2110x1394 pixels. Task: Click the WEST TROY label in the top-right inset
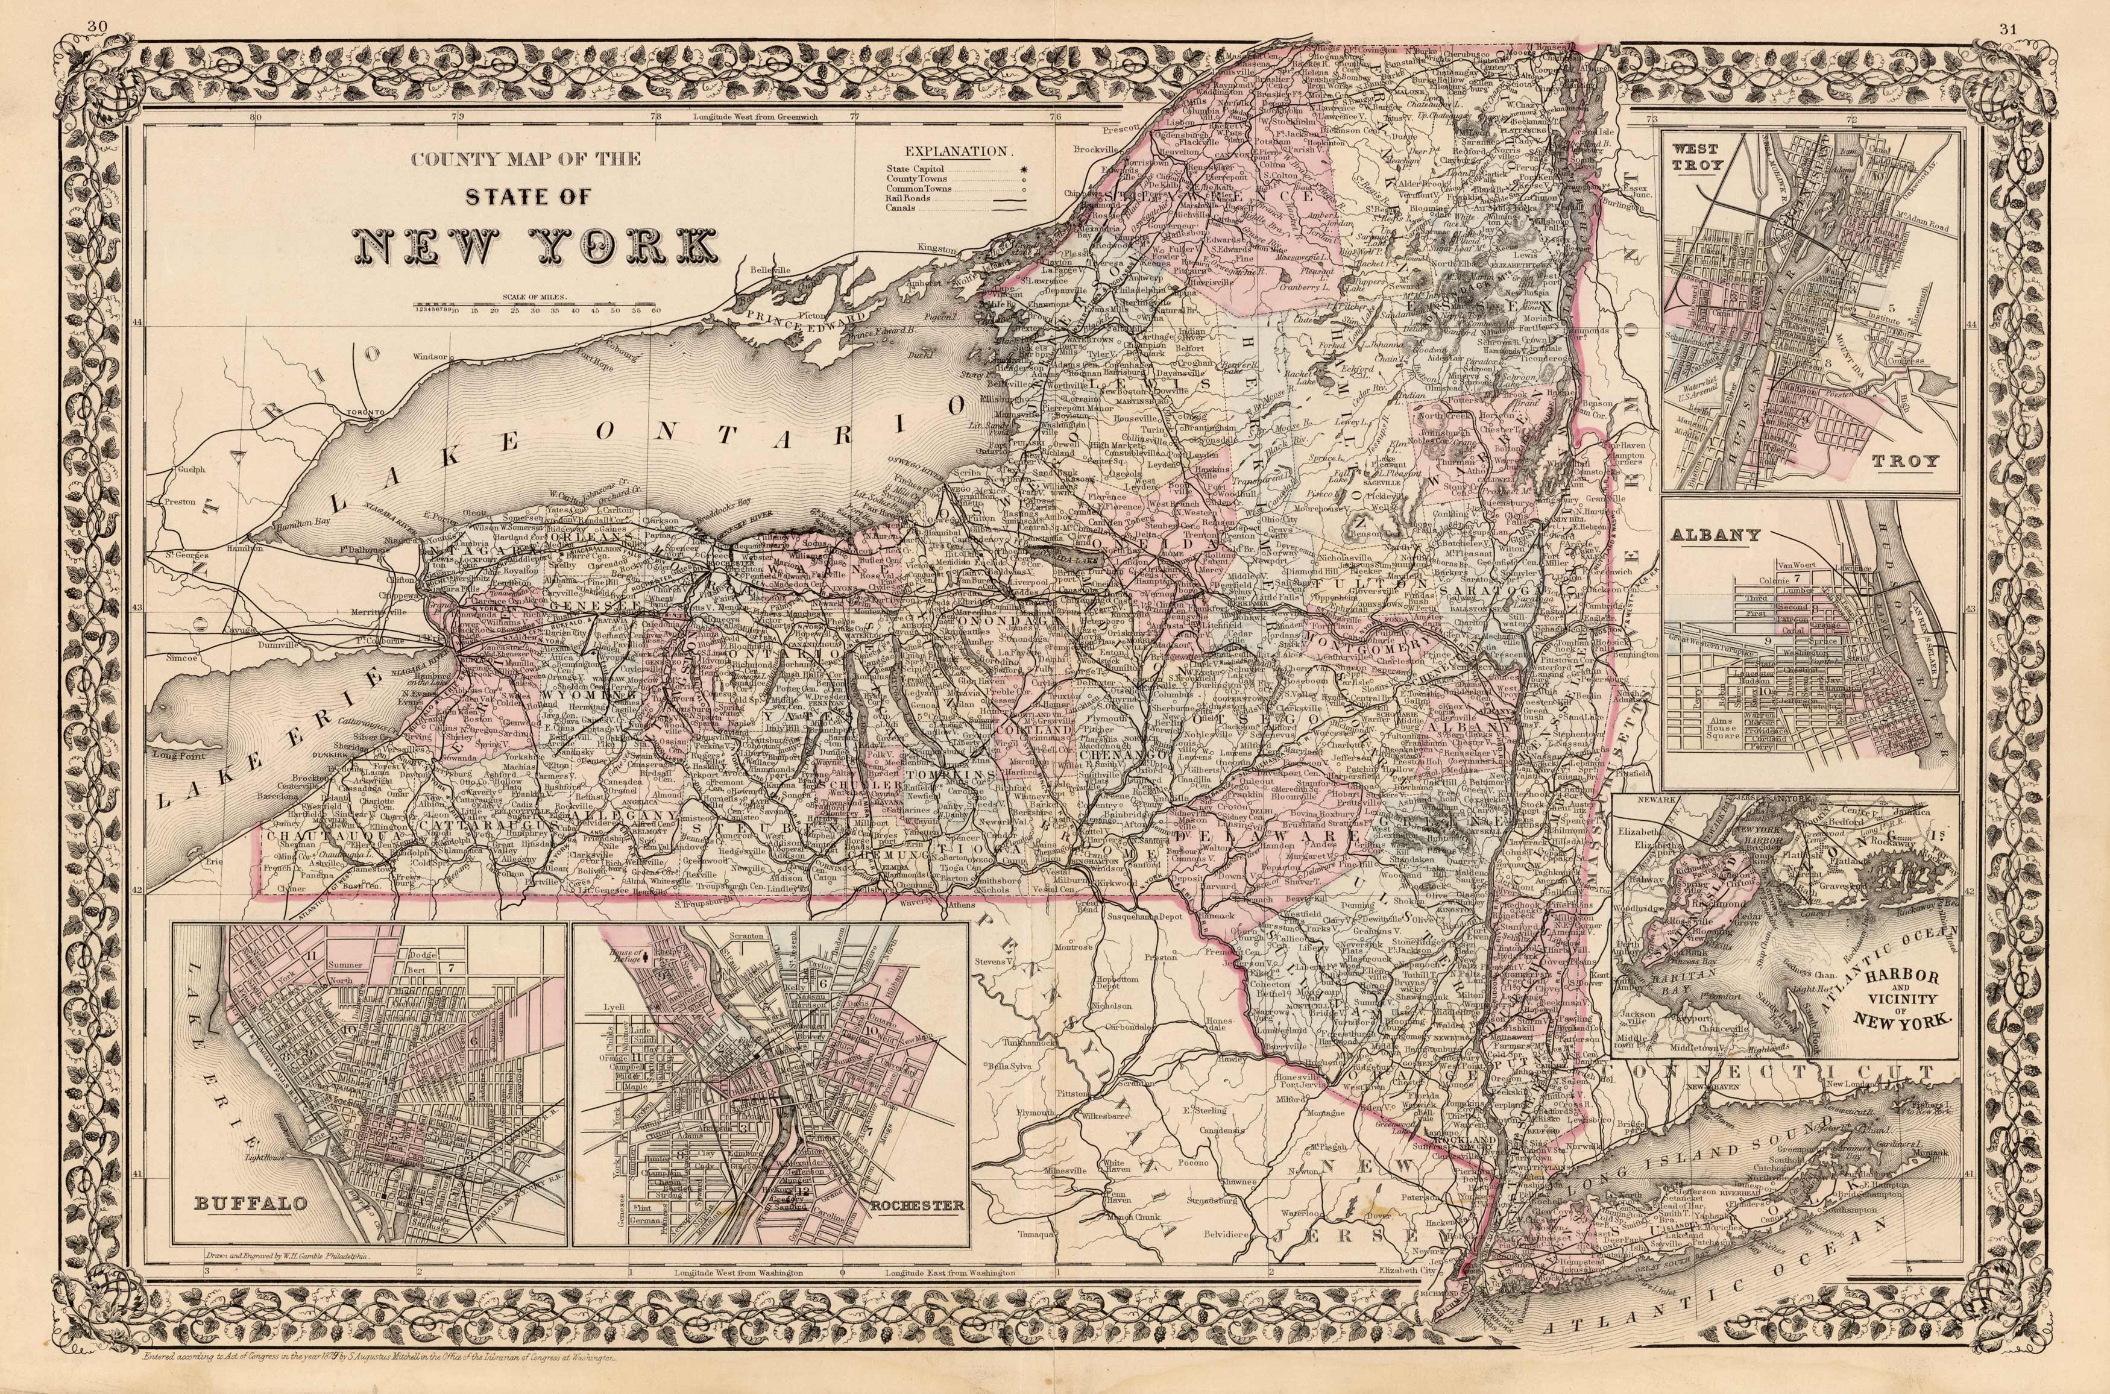(x=1695, y=157)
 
